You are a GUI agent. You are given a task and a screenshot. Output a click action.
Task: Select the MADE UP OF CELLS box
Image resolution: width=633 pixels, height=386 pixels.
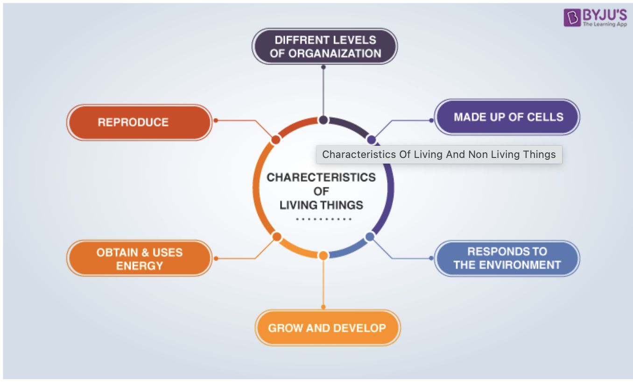507,117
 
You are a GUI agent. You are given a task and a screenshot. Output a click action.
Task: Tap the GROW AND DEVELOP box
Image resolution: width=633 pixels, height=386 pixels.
327,328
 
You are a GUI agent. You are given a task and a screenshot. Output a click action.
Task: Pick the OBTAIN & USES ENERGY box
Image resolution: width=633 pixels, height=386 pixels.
139,258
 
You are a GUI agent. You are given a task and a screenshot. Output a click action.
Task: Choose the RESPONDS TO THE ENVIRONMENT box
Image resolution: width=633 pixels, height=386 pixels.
507,258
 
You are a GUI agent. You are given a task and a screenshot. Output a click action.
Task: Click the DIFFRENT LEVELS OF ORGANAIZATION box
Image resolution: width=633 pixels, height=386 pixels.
324,47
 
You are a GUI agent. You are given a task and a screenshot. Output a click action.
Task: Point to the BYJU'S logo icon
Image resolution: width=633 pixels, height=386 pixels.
572,18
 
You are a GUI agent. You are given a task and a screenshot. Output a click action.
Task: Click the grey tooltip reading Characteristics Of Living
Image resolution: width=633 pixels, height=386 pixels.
439,155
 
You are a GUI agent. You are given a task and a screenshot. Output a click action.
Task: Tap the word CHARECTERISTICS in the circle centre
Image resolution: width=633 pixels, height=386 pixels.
321,178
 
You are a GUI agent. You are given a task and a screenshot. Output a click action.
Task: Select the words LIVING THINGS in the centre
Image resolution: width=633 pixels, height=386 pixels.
321,205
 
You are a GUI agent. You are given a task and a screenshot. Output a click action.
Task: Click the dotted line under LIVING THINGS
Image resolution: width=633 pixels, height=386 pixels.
323,219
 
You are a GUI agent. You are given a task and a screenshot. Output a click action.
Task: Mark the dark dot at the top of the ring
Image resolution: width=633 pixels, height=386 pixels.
323,120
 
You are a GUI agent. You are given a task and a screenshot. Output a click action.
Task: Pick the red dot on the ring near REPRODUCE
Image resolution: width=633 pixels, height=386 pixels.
275,139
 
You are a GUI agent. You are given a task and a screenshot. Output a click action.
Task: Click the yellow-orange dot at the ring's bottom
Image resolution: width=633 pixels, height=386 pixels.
323,255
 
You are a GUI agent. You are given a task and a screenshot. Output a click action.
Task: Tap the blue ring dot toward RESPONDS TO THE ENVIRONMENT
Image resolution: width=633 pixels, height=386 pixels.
370,236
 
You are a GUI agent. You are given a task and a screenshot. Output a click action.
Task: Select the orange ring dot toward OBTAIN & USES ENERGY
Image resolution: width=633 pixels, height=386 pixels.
276,236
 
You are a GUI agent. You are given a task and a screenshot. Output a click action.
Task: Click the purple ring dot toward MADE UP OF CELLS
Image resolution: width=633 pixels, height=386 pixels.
371,139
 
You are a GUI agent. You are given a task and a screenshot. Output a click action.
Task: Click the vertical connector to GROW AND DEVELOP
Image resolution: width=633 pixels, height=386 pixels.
323,283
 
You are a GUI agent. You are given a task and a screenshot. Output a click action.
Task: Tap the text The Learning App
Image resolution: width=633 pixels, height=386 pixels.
605,24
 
